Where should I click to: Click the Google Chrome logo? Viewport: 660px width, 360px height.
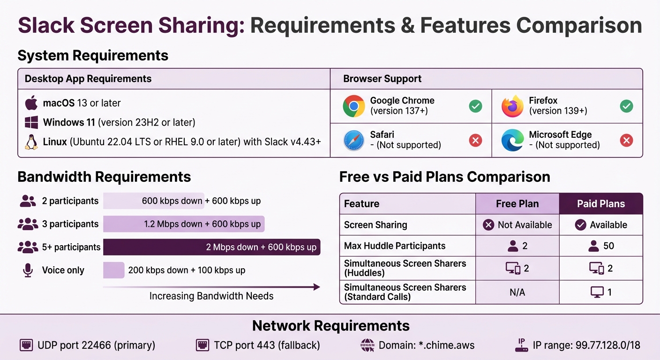coord(354,106)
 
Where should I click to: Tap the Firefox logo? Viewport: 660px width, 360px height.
coord(512,106)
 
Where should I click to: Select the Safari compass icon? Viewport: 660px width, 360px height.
coord(354,140)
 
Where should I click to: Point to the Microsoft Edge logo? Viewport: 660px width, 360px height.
coord(512,140)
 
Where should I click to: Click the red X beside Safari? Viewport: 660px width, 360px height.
coord(475,140)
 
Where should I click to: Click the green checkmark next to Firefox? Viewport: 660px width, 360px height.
coord(626,106)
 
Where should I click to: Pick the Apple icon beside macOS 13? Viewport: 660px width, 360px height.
coord(31,103)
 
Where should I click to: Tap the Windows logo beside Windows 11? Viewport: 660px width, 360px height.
coord(31,123)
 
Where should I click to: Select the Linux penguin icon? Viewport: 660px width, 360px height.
coord(31,142)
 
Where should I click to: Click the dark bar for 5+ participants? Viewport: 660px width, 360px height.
coord(211,247)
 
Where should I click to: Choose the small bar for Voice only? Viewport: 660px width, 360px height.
coord(113,270)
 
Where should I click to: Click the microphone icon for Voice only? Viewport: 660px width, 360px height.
coord(28,270)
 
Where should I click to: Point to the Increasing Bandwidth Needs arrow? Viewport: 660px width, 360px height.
coord(211,287)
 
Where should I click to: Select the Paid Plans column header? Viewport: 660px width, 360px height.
coord(600,204)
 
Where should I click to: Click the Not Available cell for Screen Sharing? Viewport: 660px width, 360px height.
coord(517,225)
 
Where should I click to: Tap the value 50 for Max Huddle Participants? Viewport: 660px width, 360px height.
coord(608,246)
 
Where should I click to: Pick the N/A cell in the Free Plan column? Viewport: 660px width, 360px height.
coord(517,292)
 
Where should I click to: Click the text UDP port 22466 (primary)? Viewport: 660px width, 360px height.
coord(96,345)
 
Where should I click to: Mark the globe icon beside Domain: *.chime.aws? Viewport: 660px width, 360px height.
coord(367,345)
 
